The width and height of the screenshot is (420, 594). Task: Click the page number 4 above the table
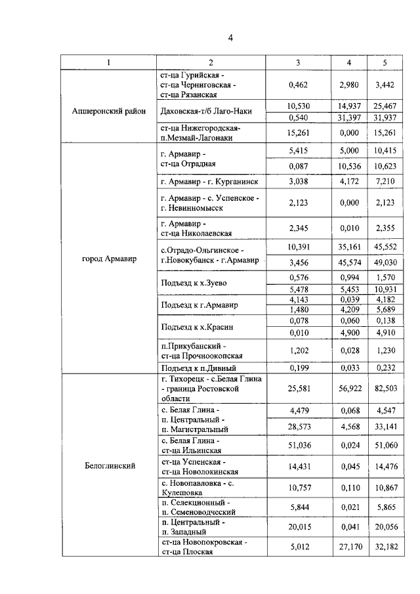[x=230, y=37]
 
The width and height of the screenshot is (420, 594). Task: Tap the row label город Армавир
[x=109, y=259]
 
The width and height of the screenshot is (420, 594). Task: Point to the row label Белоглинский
[x=110, y=466]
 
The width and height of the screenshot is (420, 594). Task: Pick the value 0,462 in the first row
[x=299, y=85]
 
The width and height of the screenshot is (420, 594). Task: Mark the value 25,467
[x=385, y=105]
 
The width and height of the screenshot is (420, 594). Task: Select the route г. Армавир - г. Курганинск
[x=209, y=180]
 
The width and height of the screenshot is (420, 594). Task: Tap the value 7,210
[x=385, y=180]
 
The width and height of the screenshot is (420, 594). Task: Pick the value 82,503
[x=385, y=389]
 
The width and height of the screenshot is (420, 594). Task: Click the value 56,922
[x=348, y=389]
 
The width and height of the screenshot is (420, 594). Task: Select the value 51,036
[x=299, y=445]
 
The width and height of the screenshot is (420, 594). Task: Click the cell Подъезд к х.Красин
[x=193, y=326]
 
